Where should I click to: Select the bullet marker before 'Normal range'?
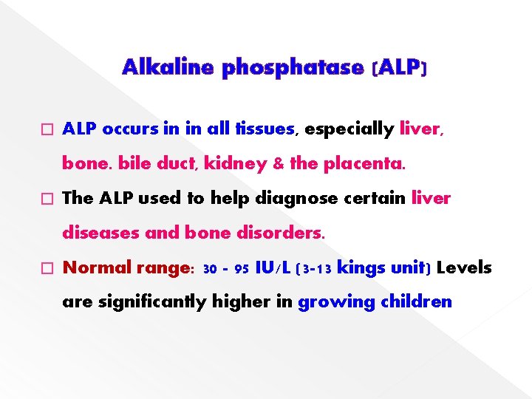pyautogui.click(x=49, y=268)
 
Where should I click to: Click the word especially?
pyautogui.click(x=349, y=129)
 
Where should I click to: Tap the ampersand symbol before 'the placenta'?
pyautogui.click(x=278, y=164)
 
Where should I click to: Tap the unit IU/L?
pyautogui.click(x=273, y=267)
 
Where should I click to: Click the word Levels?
pyautogui.click(x=464, y=267)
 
